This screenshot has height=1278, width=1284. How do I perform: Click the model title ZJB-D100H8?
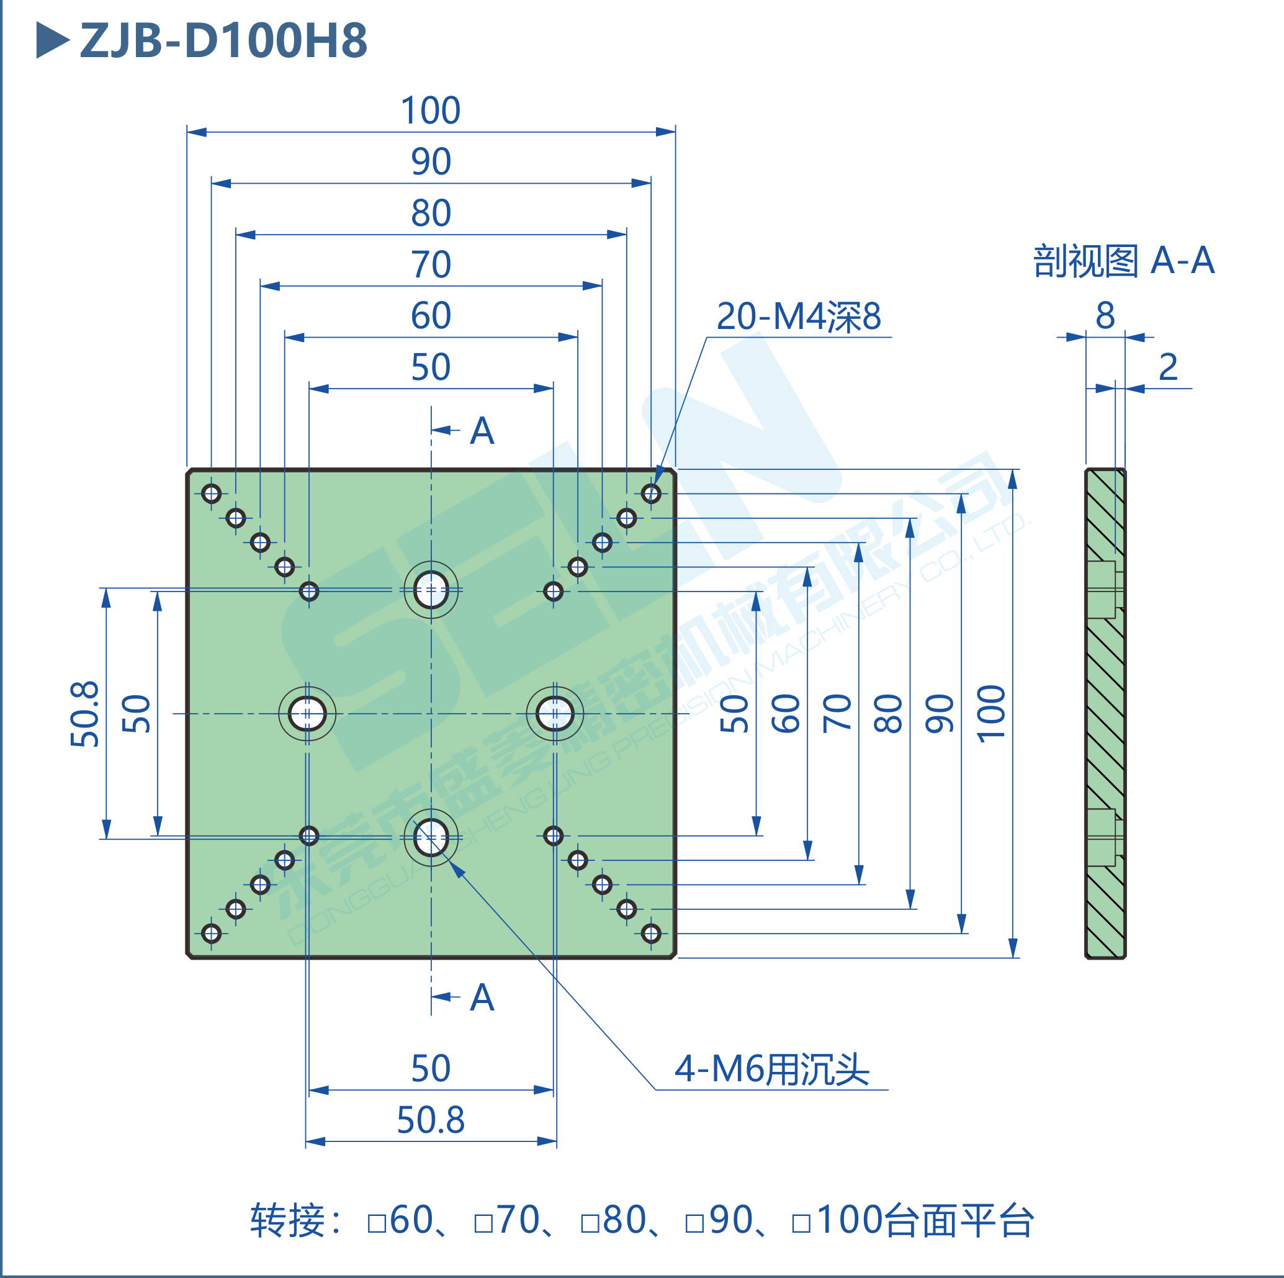click(x=223, y=40)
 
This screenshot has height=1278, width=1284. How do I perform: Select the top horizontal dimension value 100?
click(x=431, y=110)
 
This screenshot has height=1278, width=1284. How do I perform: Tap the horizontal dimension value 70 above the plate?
click(x=431, y=264)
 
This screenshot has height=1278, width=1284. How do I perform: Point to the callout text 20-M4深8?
click(x=798, y=317)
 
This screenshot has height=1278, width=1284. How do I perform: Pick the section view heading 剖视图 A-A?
click(x=1123, y=261)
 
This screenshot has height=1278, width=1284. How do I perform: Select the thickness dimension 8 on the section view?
click(x=1105, y=315)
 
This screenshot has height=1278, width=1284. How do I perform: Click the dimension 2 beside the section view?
click(x=1168, y=367)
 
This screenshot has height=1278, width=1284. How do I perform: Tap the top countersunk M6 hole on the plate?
click(x=431, y=590)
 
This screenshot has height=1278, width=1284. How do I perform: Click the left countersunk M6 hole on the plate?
click(x=307, y=714)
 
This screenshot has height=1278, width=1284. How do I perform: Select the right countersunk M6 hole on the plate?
click(x=555, y=714)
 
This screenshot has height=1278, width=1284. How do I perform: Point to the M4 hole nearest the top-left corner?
click(x=212, y=493)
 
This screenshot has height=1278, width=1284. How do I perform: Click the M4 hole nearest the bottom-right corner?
click(x=650, y=933)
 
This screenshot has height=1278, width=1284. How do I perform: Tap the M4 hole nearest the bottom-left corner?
click(x=212, y=933)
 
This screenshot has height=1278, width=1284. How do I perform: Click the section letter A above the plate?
click(x=482, y=431)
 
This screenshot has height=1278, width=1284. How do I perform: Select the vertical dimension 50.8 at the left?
click(x=85, y=714)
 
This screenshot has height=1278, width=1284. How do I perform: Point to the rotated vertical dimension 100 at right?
click(x=991, y=714)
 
